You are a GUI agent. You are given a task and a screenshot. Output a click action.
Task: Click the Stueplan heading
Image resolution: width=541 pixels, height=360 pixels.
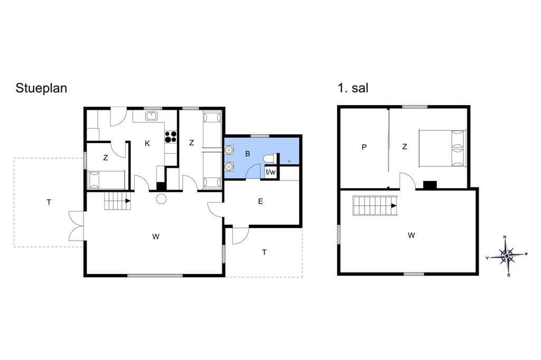point(41,89)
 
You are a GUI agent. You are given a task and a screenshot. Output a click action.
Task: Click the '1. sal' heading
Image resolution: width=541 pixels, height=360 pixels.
point(353,88)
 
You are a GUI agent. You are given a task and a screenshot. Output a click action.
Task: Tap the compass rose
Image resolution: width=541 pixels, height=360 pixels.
point(506,255)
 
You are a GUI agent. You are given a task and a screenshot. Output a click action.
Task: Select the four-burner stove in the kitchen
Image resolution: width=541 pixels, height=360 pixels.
point(171,137)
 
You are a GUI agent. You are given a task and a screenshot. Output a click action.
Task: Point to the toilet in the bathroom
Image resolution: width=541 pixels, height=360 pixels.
point(269,158)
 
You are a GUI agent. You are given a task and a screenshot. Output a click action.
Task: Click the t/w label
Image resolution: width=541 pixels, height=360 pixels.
point(270,172)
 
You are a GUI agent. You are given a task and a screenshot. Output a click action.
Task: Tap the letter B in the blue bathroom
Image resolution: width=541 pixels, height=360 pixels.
point(247,154)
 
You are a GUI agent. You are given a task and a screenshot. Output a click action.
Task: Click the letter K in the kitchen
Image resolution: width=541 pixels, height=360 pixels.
point(147,144)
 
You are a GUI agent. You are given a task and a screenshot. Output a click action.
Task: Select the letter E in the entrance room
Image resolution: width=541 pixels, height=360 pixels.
point(260,202)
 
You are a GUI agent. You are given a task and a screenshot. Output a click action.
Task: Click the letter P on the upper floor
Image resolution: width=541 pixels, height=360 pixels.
point(364,147)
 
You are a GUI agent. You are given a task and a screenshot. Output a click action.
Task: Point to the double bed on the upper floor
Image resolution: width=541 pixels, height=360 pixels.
point(442,148)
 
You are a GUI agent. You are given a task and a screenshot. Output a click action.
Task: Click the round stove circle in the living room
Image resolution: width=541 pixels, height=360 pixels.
point(161,199)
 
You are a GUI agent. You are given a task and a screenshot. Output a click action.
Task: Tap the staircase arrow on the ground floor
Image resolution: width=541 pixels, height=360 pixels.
point(128,201)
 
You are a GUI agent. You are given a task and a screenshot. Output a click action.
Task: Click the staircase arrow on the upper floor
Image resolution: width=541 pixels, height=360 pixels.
point(394,206)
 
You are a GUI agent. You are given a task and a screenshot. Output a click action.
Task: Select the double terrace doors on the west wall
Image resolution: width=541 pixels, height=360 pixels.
point(77,226)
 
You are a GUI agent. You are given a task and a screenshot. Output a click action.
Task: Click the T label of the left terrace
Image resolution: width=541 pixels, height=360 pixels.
point(49,202)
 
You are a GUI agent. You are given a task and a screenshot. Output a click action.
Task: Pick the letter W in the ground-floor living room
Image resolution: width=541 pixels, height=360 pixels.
point(156,236)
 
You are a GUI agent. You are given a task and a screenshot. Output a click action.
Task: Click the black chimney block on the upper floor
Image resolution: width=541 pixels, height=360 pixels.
point(430,185)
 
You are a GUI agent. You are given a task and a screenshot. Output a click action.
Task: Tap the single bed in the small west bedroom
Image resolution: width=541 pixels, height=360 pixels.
point(107,179)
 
